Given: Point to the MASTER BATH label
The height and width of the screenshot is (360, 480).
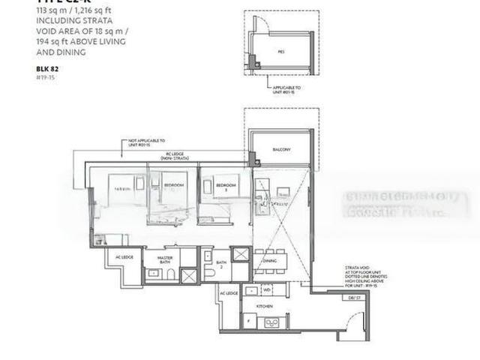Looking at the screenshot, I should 165,260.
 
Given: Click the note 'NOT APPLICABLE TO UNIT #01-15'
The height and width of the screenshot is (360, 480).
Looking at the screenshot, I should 146,142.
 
